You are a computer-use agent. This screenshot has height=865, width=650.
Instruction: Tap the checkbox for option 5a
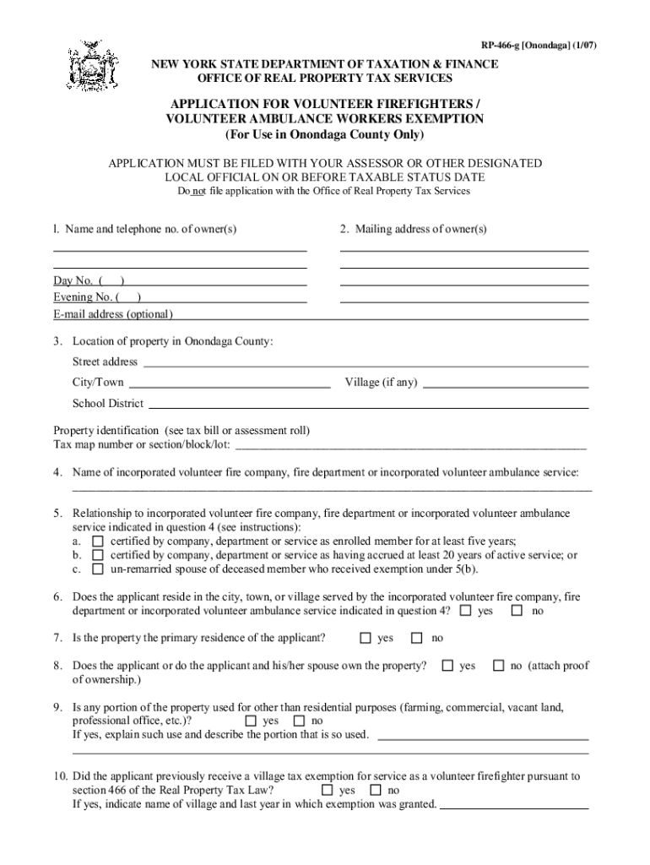click(98, 541)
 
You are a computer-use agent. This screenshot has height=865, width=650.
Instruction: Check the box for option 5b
click(98, 555)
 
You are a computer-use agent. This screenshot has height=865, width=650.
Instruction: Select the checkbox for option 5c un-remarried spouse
click(98, 569)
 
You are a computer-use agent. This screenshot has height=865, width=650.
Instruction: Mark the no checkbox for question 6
click(517, 611)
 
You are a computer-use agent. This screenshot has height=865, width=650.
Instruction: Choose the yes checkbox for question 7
click(366, 638)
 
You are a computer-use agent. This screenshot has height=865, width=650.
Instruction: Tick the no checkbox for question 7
click(417, 638)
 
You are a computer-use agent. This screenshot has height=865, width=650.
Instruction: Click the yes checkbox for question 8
click(447, 666)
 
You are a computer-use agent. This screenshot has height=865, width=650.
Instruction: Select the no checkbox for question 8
click(498, 666)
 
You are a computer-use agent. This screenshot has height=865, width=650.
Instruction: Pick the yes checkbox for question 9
click(251, 721)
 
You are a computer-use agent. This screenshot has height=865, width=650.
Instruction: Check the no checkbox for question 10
click(375, 790)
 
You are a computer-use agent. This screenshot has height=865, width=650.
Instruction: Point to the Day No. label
click(73, 280)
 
